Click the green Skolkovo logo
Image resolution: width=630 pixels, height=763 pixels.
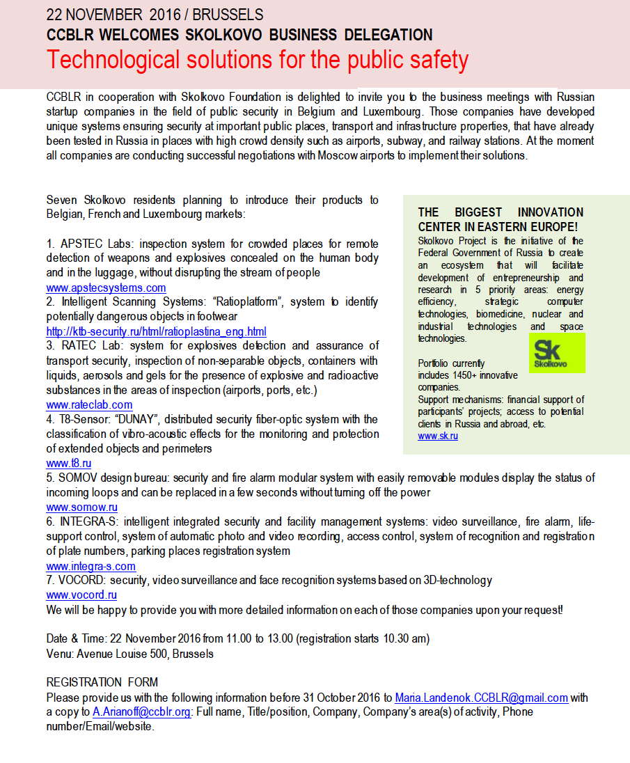tap(557, 352)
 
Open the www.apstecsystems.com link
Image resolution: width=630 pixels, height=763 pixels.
tap(106, 288)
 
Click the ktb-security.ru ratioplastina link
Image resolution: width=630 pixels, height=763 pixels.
tap(156, 331)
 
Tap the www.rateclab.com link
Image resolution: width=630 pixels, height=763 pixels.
tap(89, 404)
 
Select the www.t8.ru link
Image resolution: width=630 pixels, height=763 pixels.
tap(69, 463)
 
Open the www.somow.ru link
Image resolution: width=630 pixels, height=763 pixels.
tap(81, 508)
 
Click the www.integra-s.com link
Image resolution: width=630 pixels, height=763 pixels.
tap(90, 566)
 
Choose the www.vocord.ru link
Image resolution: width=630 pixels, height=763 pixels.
tap(81, 595)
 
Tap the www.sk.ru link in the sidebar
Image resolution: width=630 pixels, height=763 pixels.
tap(437, 436)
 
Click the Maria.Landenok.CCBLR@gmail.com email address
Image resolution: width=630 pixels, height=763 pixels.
tap(482, 698)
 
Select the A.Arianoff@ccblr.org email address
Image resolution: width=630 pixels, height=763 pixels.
tap(141, 712)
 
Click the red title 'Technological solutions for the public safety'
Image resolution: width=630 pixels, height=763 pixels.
tap(258, 60)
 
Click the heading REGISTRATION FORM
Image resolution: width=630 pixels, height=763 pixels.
tap(102, 682)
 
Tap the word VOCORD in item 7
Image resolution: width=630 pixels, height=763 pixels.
tap(80, 580)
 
